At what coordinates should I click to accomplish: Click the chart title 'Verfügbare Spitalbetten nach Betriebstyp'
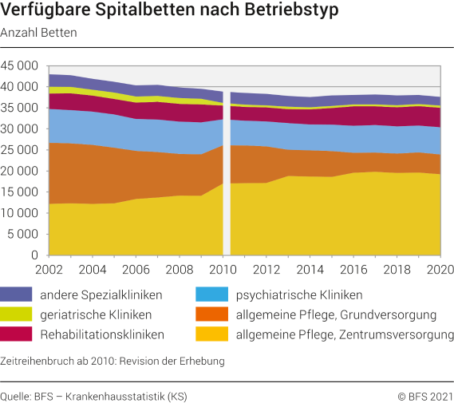[169, 12]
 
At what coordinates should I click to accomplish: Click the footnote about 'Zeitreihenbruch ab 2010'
[113, 361]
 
